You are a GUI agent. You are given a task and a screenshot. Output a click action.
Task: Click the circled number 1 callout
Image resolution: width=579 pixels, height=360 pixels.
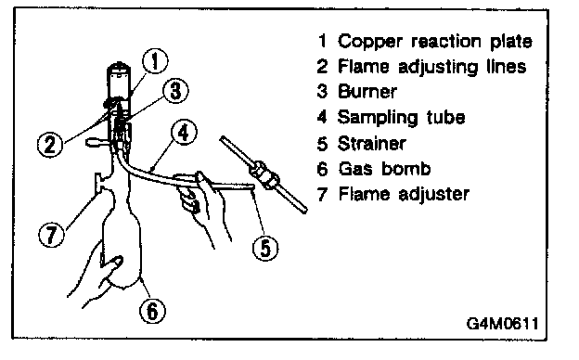pyautogui.click(x=155, y=61)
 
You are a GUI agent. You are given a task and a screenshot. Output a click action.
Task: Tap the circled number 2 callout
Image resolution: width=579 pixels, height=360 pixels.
pyautogui.click(x=50, y=145)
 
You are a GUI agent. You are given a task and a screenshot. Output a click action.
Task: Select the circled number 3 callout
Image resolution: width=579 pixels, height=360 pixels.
pyautogui.click(x=175, y=90)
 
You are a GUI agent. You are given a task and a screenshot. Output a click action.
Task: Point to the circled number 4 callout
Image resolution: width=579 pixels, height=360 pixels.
pyautogui.click(x=184, y=132)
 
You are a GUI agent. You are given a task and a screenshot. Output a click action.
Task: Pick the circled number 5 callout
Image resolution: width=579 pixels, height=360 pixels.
pyautogui.click(x=265, y=248)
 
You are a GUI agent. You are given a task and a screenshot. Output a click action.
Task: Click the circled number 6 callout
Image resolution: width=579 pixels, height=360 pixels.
pyautogui.click(x=152, y=311)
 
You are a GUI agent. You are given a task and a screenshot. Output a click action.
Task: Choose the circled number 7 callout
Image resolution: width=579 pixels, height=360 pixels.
pyautogui.click(x=51, y=234)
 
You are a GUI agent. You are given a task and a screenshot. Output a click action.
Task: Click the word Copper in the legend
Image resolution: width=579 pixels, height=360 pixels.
pyautogui.click(x=369, y=42)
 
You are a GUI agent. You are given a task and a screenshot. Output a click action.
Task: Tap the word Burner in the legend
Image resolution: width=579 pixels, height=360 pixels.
pyautogui.click(x=367, y=91)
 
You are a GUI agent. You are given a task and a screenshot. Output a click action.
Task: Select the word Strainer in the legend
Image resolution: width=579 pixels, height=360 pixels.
pyautogui.click(x=372, y=143)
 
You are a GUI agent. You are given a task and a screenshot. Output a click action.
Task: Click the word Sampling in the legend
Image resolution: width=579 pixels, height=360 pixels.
pyautogui.click(x=378, y=118)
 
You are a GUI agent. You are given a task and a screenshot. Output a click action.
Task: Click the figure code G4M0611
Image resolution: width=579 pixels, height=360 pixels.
pyautogui.click(x=503, y=324)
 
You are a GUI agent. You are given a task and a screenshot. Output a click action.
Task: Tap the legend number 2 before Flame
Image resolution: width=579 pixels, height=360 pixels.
pyautogui.click(x=322, y=67)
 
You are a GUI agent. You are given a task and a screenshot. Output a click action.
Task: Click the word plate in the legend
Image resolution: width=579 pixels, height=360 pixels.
pyautogui.click(x=511, y=42)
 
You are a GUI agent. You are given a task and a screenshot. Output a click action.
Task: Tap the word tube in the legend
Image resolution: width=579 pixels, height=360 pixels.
pyautogui.click(x=445, y=117)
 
